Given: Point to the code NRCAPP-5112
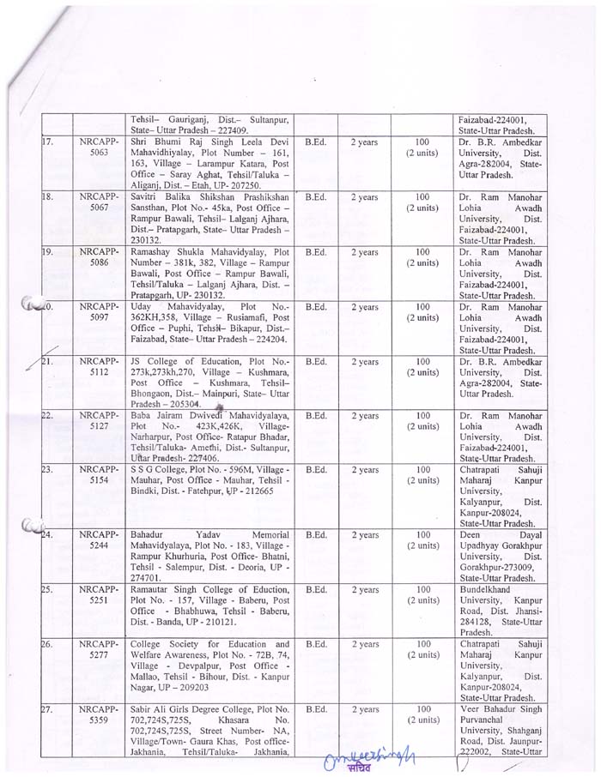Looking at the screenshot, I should (x=98, y=367).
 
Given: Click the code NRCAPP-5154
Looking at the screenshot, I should (x=98, y=476).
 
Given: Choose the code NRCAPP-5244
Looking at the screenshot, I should (x=98, y=541).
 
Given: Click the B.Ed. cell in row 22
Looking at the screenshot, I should (x=315, y=416).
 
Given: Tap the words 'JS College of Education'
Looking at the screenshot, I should (x=179, y=361).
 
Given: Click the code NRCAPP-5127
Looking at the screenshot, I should (x=98, y=421).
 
